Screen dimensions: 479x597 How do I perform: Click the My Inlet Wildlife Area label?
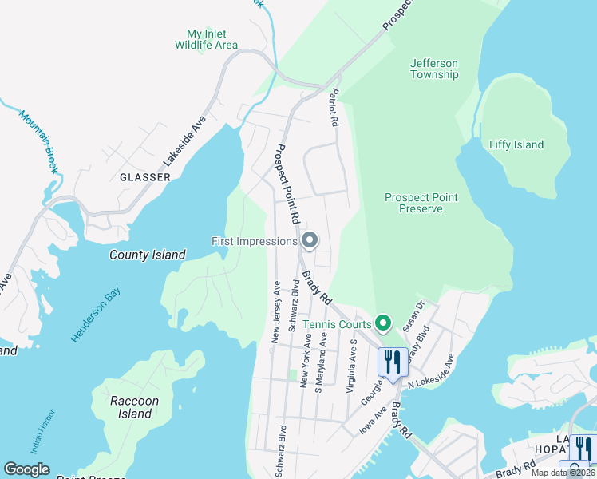coord(206,39)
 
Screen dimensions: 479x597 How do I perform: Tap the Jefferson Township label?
coord(434,69)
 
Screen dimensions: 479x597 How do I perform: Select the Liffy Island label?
coord(516,144)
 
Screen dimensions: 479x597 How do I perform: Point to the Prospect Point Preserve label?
coord(421,203)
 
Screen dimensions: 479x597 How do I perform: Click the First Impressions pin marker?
coord(310,239)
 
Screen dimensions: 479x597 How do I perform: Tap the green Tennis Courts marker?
coord(384,323)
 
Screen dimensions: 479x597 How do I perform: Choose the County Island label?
coord(148,255)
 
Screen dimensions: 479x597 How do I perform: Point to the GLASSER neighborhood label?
coord(144,177)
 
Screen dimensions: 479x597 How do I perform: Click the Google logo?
coord(26,469)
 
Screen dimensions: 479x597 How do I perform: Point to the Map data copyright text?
coord(563,473)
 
